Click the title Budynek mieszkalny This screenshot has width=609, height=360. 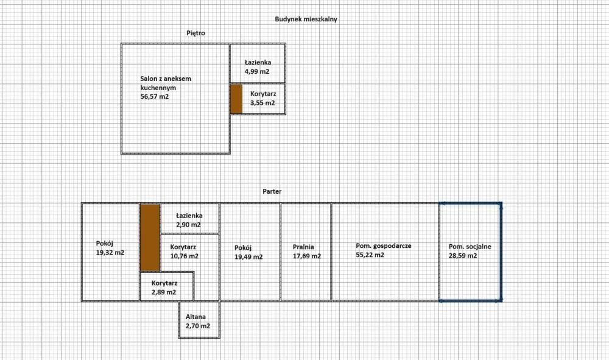306,19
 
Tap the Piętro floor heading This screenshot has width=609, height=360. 195,33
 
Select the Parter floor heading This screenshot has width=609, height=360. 272,191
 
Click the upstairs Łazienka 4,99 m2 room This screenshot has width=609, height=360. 258,66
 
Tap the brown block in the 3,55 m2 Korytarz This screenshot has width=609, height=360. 236,99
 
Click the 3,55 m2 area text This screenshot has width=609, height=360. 262,103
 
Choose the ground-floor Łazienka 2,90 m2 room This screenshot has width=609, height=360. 189,220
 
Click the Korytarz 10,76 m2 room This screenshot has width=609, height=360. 183,252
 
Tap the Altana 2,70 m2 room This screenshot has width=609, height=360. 198,322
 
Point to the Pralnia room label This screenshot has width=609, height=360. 303,247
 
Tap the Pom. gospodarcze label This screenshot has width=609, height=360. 384,245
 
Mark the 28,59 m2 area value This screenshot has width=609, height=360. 462,256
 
